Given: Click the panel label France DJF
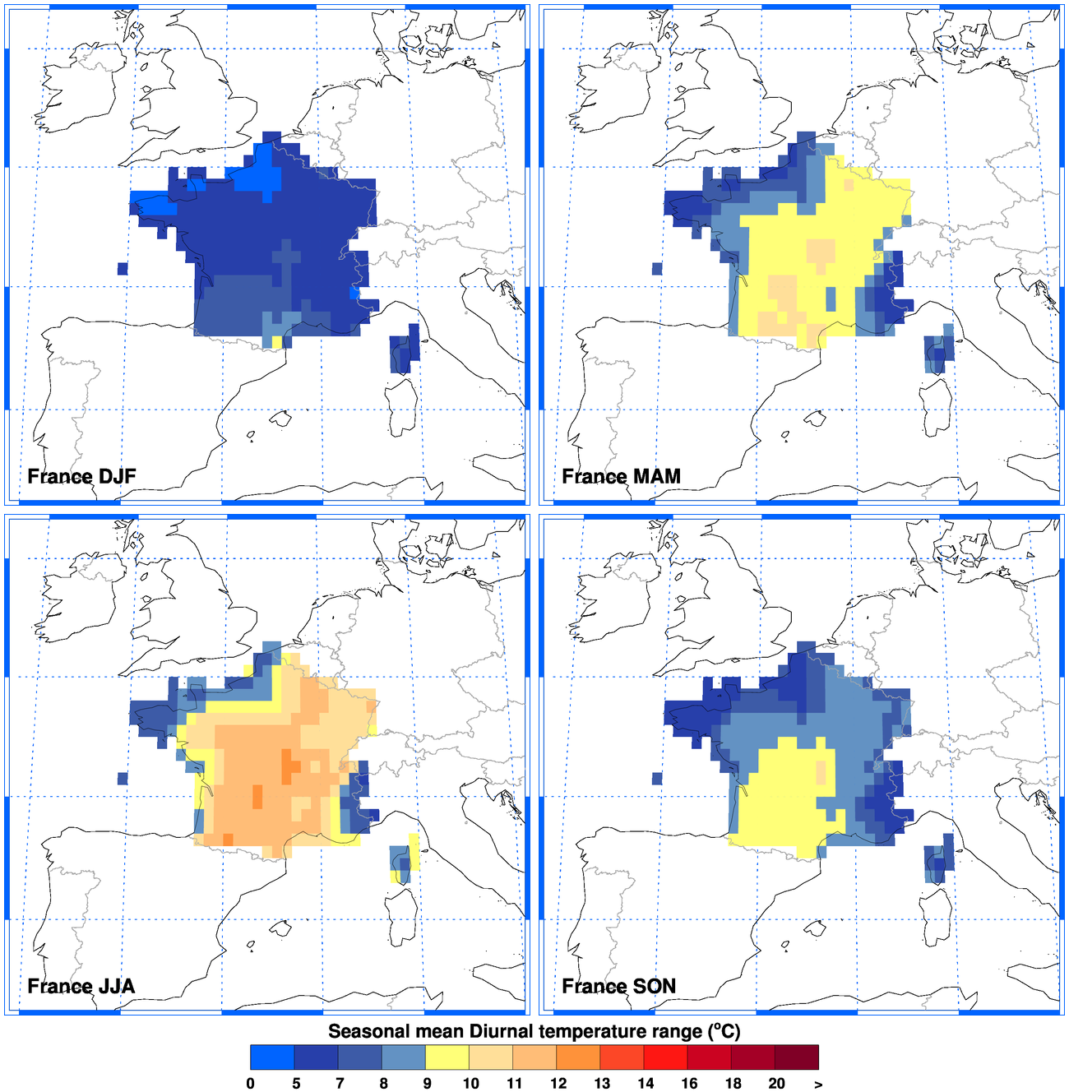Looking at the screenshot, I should coord(81,476).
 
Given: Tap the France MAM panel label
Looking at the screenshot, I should coord(621,476).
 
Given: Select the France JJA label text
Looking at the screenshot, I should coord(81,986).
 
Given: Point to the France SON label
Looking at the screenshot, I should coord(618,986).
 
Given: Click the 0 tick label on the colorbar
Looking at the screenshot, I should coord(251,1083).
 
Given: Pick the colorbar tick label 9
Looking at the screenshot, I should coord(427,1083).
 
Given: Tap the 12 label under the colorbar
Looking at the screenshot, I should coord(558,1083).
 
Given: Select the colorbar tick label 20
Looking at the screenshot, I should coord(776,1083).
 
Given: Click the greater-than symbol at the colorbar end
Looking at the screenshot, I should coord(818,1084).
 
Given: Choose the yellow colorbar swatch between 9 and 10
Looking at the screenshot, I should coord(447,1057).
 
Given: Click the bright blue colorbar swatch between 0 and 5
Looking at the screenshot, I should coord(272,1057).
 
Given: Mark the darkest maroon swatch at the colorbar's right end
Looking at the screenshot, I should coord(797,1057).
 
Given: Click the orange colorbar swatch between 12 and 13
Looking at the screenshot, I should coord(578,1057).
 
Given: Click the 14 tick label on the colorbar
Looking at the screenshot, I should coord(646,1083).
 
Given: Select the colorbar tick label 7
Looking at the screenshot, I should coord(340,1083).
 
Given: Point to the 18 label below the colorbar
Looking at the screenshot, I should coord(733,1083).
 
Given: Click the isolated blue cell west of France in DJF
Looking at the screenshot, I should coord(123,268).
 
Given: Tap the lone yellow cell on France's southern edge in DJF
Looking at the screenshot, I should coord(277,341).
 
